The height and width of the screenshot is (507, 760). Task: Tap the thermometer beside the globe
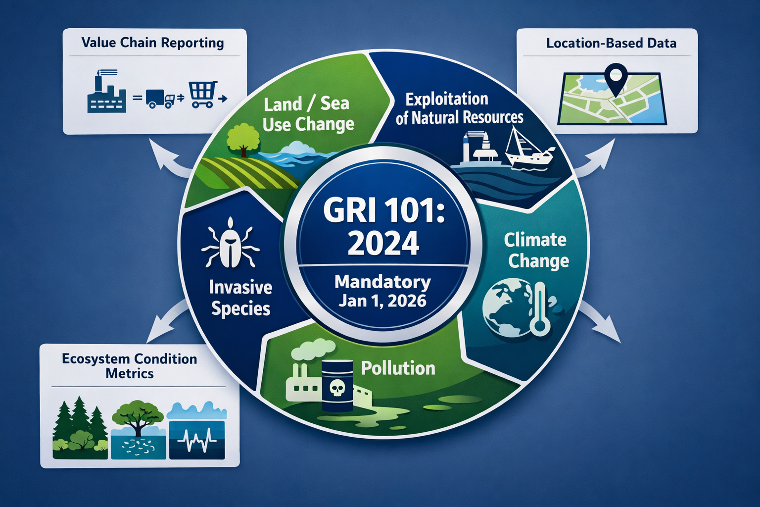pos(540,309)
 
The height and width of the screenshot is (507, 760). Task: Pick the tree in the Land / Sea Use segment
pos(243,139)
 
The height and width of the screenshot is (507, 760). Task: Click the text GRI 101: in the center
pos(384,210)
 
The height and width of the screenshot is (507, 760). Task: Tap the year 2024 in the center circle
pos(383,243)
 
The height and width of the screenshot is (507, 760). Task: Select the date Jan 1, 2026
pos(382,301)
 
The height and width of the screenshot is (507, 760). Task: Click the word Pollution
pos(398,368)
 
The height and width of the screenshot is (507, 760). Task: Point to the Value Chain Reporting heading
pos(152,43)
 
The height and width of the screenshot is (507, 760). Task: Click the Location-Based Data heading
pos(611,44)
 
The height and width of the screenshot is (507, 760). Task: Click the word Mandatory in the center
pos(382,282)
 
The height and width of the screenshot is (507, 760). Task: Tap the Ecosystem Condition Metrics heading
pos(130,366)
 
